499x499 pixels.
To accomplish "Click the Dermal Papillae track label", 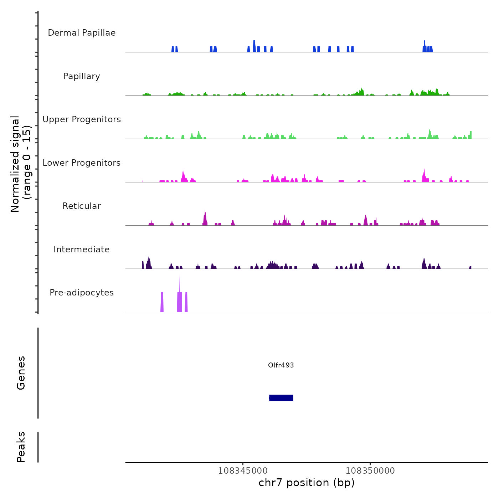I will pyautogui.click(x=82, y=33).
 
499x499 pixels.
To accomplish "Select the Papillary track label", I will pyautogui.click(x=82, y=76).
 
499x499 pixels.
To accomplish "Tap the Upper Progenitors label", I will pyautogui.click(x=82, y=119).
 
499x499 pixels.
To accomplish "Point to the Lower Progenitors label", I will pyautogui.click(x=82, y=163).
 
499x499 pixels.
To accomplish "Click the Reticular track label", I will pyautogui.click(x=82, y=206).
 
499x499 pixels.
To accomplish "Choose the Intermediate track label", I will pyautogui.click(x=82, y=249).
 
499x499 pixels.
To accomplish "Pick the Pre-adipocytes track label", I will pyautogui.click(x=82, y=293).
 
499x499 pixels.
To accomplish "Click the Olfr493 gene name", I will pyautogui.click(x=281, y=365).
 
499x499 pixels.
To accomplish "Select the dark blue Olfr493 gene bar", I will pyautogui.click(x=281, y=398).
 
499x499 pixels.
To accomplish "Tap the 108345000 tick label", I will pyautogui.click(x=243, y=471).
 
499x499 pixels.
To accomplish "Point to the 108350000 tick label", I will pyautogui.click(x=370, y=471).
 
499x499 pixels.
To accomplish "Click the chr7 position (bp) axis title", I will pyautogui.click(x=307, y=483).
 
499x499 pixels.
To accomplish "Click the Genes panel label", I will pyautogui.click(x=21, y=373).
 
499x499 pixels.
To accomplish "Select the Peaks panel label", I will pyautogui.click(x=21, y=447).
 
